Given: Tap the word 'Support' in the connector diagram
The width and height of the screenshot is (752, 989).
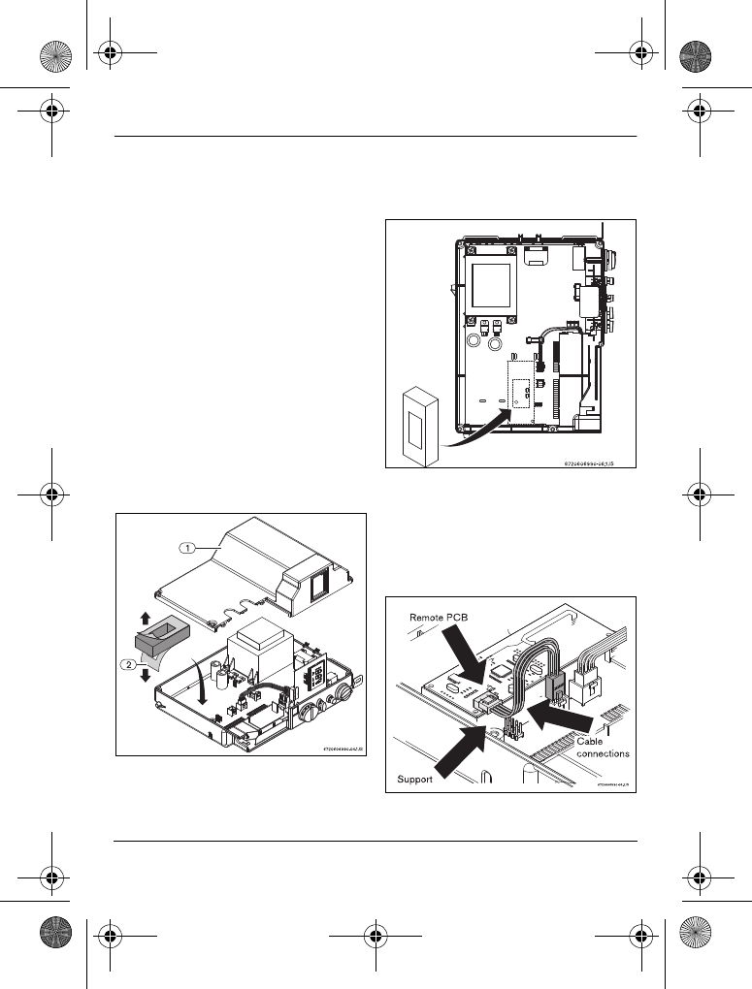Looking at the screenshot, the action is tap(414, 779).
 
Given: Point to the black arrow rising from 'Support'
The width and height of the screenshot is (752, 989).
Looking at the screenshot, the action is tap(456, 748).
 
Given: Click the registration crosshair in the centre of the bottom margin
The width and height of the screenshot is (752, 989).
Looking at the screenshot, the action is tap(376, 938).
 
